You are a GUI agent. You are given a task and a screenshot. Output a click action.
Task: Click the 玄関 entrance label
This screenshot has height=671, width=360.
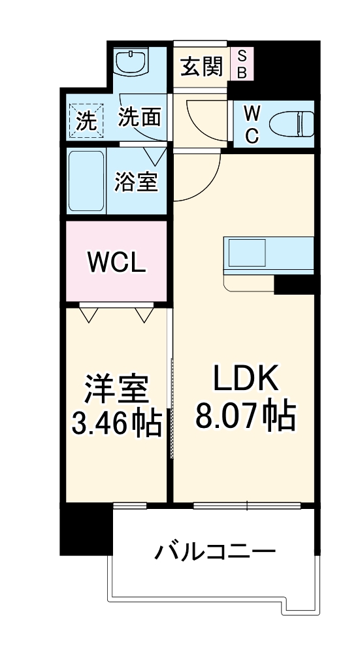point(202,66)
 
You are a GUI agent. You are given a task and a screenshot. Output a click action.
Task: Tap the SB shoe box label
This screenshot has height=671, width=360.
point(241,64)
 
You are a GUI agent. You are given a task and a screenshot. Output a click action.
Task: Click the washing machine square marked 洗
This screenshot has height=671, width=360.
point(86,121)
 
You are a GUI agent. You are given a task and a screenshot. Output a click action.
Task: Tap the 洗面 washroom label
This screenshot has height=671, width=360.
point(139,118)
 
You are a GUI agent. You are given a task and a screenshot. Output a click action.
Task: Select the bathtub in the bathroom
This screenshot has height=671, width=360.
point(86,181)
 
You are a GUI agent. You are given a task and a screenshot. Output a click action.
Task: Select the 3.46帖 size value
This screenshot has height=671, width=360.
point(116,425)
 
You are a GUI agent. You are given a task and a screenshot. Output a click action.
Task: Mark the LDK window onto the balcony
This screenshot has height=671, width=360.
point(247,504)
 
